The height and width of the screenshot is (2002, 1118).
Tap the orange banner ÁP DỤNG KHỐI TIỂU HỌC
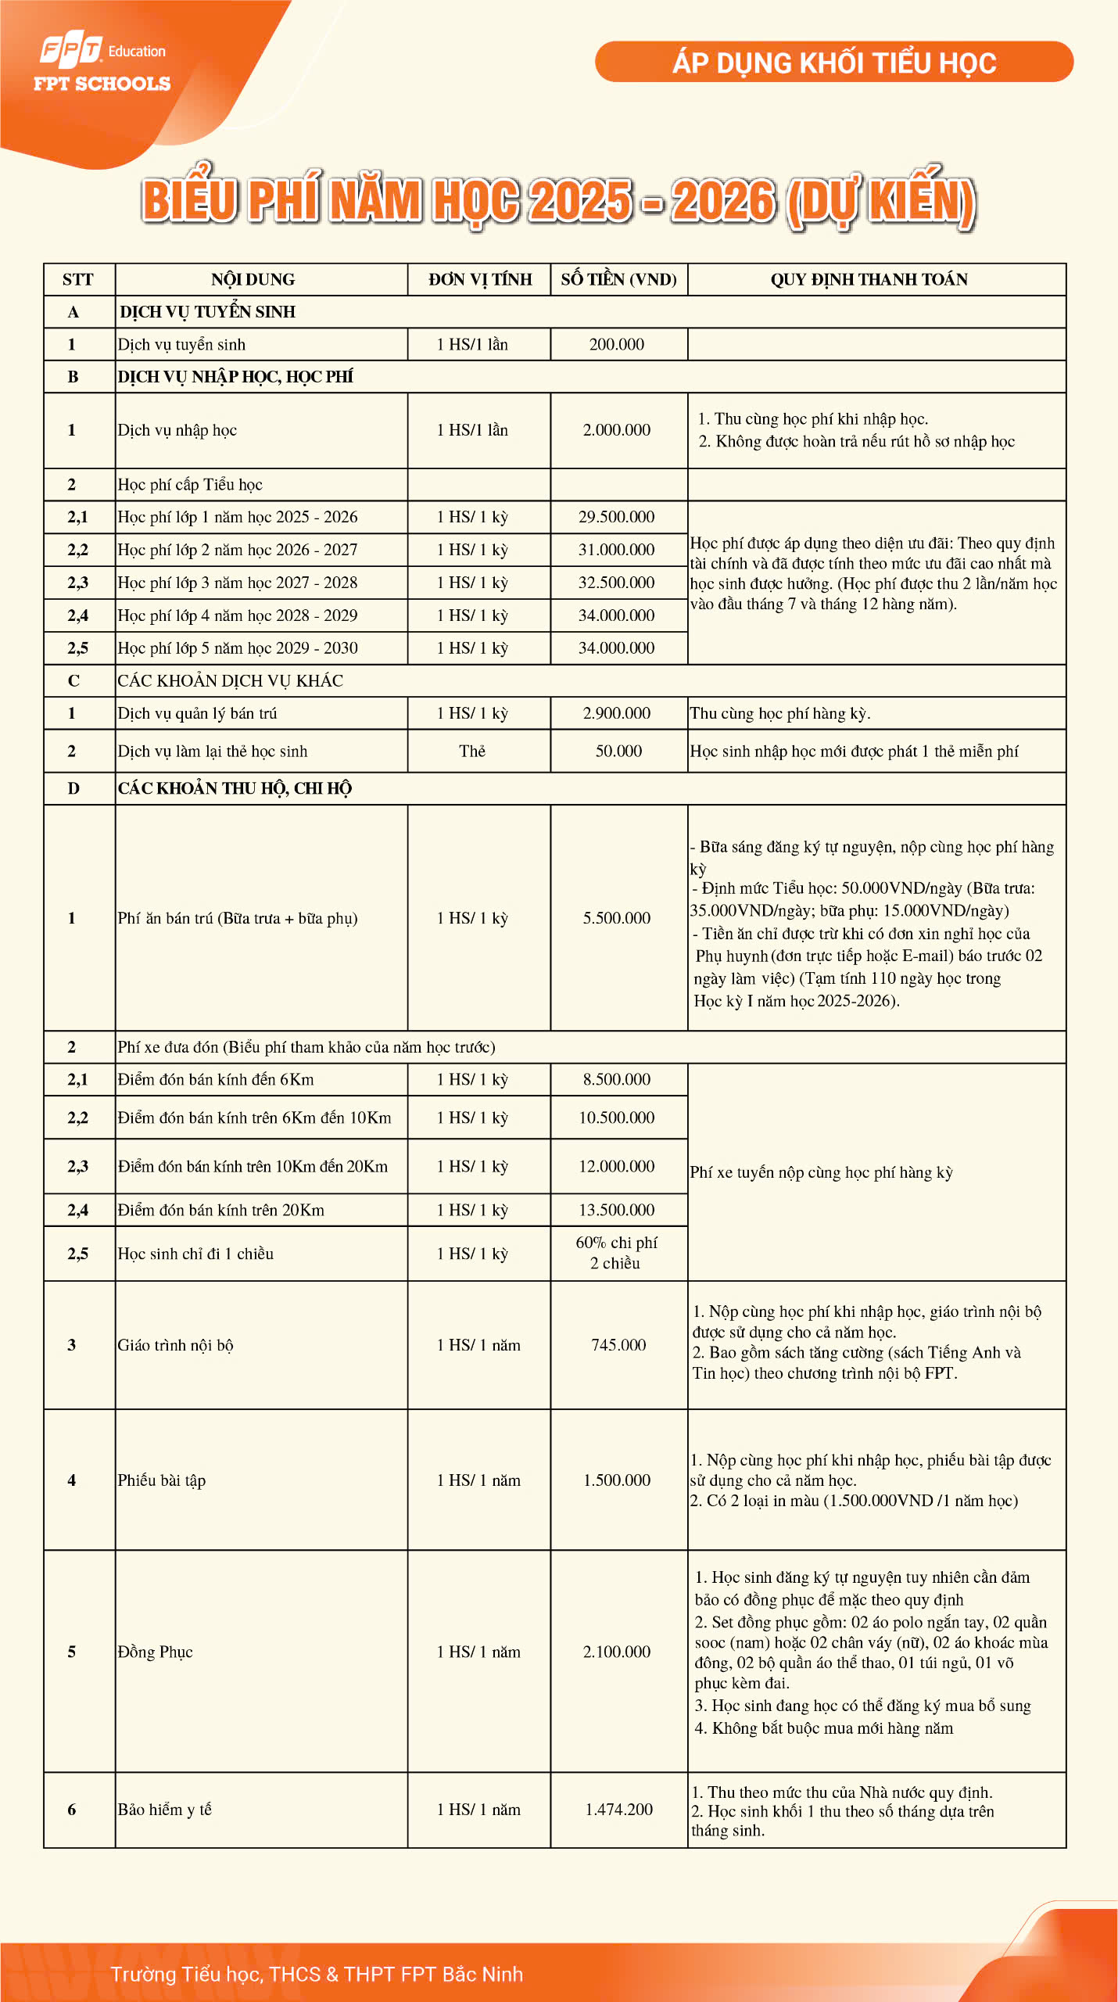(833, 63)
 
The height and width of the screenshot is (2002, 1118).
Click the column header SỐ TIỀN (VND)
(618, 280)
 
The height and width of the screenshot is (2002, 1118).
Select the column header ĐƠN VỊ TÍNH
(479, 280)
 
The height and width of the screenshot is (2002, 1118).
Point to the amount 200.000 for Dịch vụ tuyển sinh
(617, 345)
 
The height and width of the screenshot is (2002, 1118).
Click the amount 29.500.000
(617, 518)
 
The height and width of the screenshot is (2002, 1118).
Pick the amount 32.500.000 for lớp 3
(617, 583)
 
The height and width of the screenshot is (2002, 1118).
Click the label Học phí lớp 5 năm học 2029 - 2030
(238, 648)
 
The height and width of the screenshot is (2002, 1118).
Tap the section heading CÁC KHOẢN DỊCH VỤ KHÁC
(231, 681)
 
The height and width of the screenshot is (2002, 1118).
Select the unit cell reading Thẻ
(472, 752)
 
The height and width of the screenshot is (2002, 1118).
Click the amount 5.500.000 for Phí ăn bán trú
(617, 918)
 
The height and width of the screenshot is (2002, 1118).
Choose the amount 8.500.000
(617, 1080)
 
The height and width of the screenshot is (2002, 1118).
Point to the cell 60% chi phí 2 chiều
(617, 1253)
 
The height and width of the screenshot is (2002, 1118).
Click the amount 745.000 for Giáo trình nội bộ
(618, 1345)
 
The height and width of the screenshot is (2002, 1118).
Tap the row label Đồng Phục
(156, 1652)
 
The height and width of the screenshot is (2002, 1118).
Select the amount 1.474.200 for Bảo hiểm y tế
(618, 1810)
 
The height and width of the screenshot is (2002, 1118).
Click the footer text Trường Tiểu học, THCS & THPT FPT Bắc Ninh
(317, 1975)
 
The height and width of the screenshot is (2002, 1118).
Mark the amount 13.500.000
(617, 1211)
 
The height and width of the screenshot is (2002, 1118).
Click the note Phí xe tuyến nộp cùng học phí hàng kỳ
(822, 1172)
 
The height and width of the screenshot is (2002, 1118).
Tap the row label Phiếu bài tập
(162, 1480)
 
